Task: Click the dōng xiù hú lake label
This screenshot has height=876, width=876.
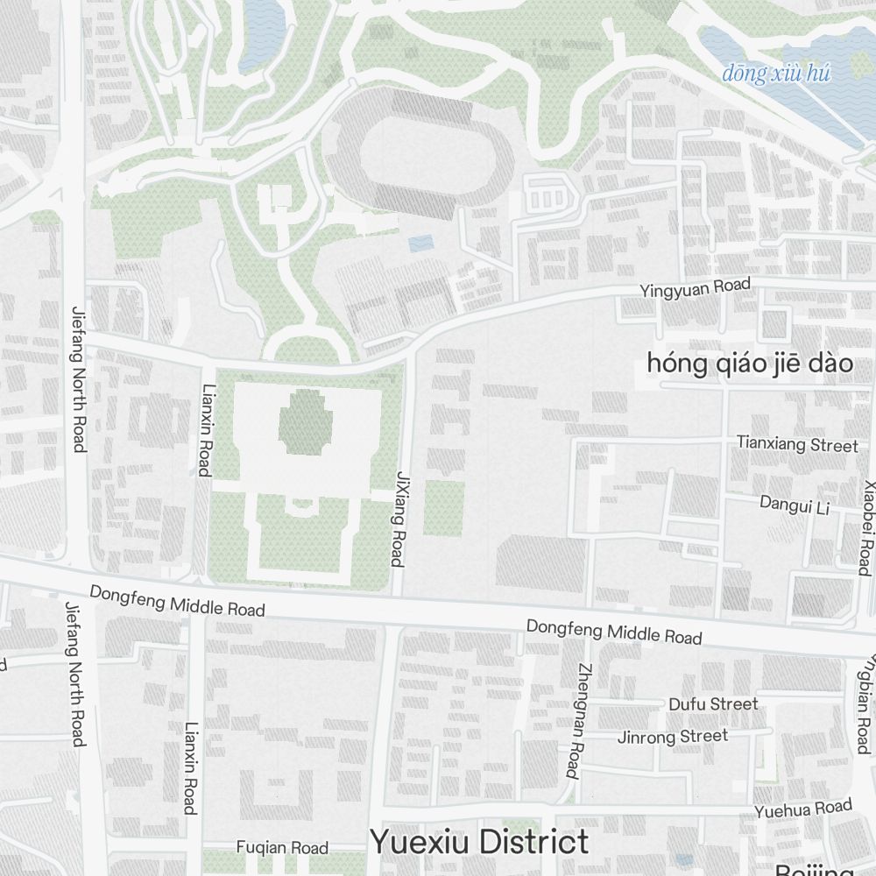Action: [x=775, y=74]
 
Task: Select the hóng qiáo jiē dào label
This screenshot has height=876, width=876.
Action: [x=750, y=363]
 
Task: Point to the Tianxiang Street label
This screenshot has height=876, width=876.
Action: [x=797, y=445]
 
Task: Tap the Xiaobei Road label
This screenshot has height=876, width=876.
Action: [x=866, y=526]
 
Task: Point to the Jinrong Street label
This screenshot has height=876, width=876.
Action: [x=673, y=736]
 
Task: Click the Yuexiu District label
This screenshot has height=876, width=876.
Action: [x=479, y=842]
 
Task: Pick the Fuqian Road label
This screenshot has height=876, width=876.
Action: [x=282, y=847]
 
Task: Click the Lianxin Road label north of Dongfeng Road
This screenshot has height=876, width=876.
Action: [x=206, y=430]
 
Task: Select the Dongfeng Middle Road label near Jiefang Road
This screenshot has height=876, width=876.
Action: [x=176, y=602]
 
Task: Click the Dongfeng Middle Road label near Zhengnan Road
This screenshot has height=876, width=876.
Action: [x=613, y=631]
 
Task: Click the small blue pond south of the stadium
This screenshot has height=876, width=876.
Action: [x=420, y=243]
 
